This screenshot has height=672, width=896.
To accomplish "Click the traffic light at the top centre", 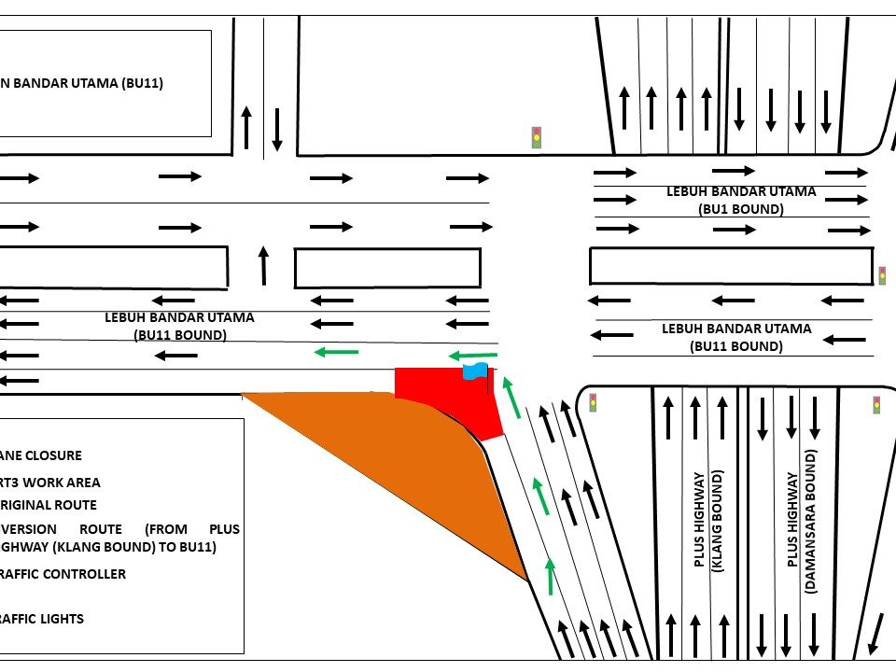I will click(537, 137).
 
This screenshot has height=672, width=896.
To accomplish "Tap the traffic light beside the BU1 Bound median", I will click(882, 275).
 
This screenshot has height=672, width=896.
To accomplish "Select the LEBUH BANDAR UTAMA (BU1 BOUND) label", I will click(741, 200).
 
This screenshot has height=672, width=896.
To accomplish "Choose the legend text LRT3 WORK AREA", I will click(50, 483).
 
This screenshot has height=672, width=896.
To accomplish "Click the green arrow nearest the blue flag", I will click(472, 355).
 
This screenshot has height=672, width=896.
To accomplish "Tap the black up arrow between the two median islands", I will click(263, 265).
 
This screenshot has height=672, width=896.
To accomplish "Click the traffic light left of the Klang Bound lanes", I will click(593, 403).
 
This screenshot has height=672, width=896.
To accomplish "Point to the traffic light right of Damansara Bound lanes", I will click(876, 405).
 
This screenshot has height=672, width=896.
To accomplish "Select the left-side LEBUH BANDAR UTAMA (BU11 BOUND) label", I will click(179, 326).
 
